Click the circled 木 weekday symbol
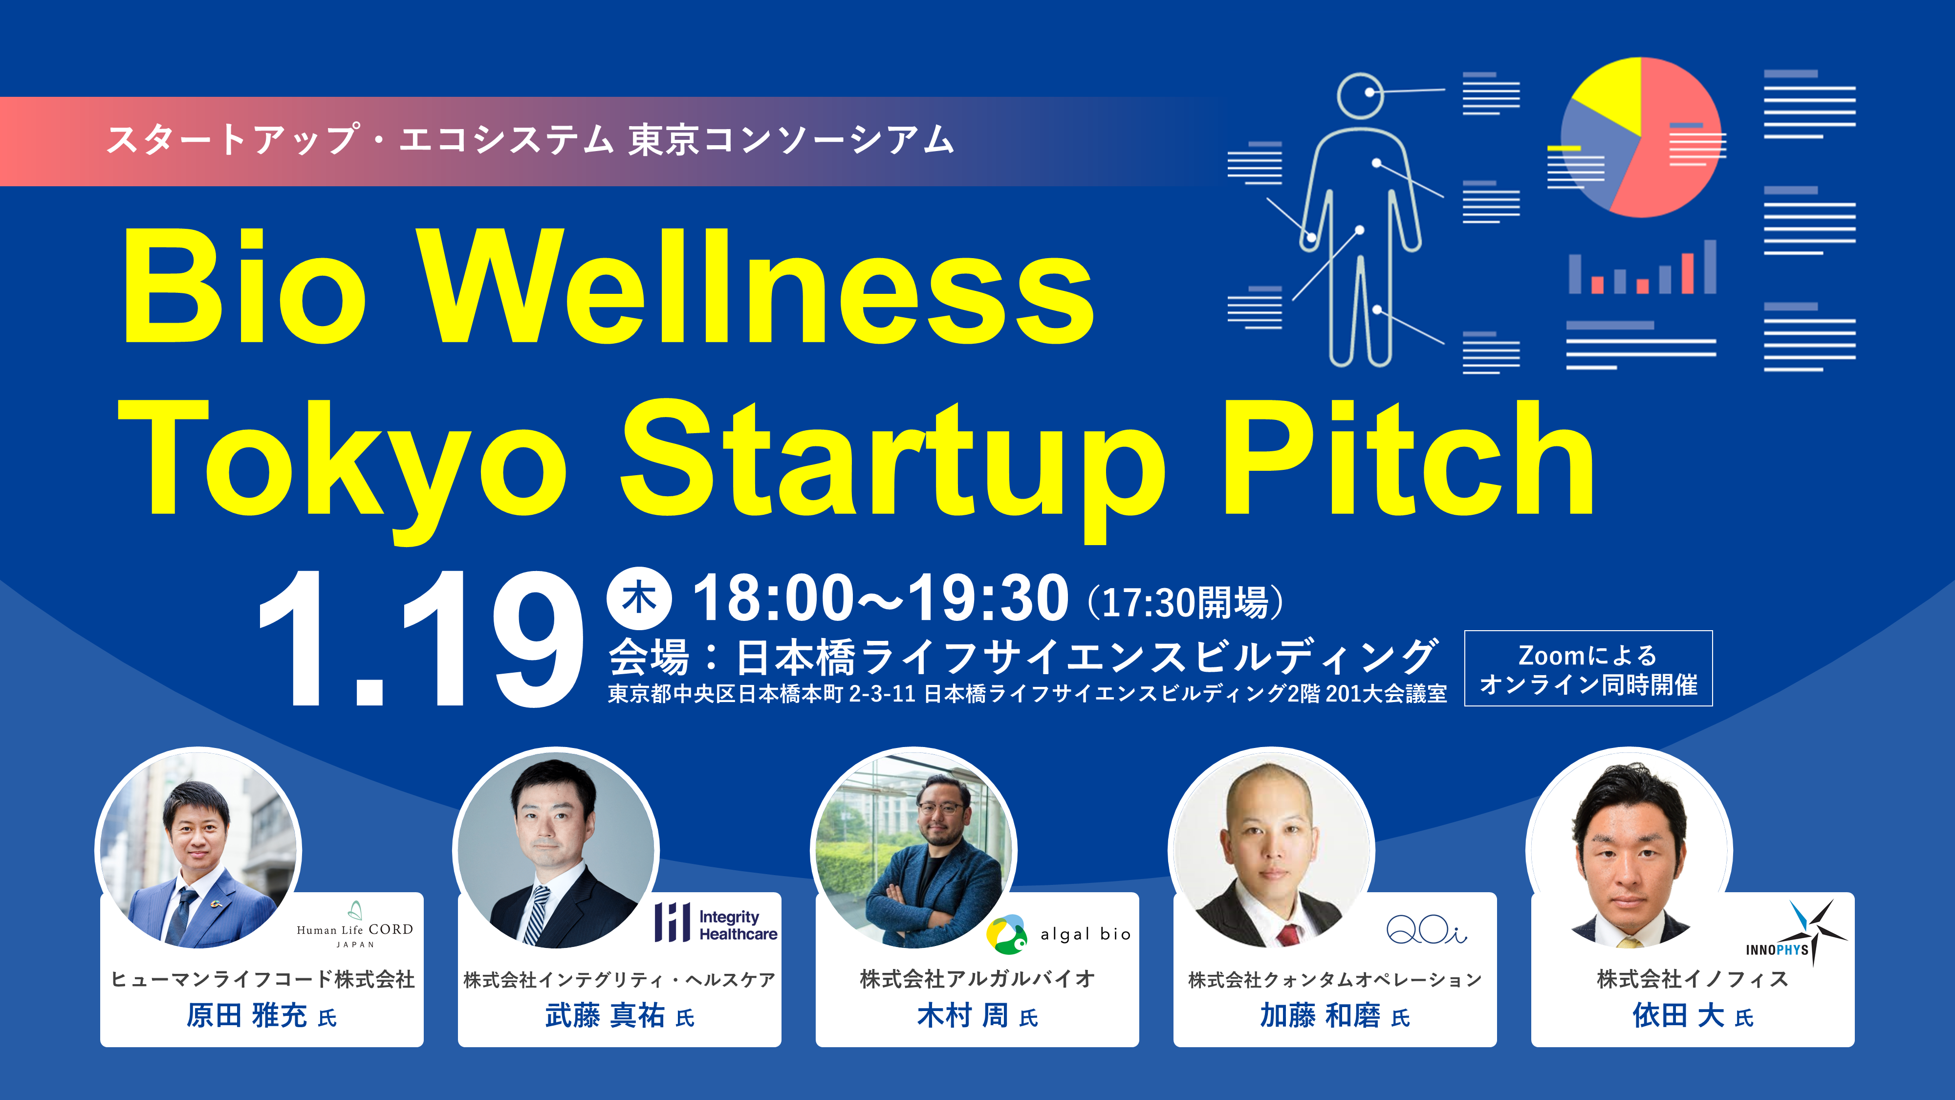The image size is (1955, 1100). [x=639, y=598]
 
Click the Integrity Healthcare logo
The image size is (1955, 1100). [x=716, y=923]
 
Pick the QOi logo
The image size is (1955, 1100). [x=1426, y=929]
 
